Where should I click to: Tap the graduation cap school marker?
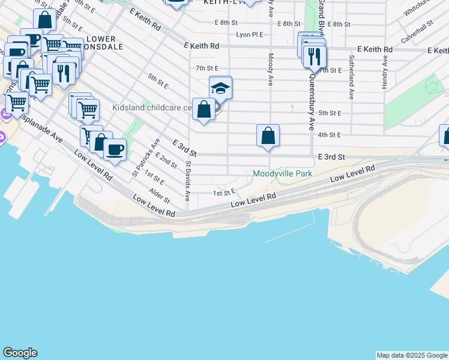click(x=220, y=88)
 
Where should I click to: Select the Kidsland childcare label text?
click(x=152, y=108)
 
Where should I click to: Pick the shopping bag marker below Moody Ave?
click(x=268, y=136)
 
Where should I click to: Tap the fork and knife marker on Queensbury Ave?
click(x=315, y=57)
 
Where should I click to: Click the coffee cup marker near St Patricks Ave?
click(x=115, y=149)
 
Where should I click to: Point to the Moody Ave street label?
click(x=271, y=70)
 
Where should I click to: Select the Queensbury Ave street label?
click(x=312, y=101)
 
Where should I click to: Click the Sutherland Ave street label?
click(x=351, y=77)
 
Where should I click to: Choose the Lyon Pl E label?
click(x=249, y=35)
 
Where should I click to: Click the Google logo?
click(x=20, y=353)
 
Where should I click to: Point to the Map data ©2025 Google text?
click(x=412, y=355)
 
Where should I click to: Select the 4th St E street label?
click(x=330, y=135)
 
